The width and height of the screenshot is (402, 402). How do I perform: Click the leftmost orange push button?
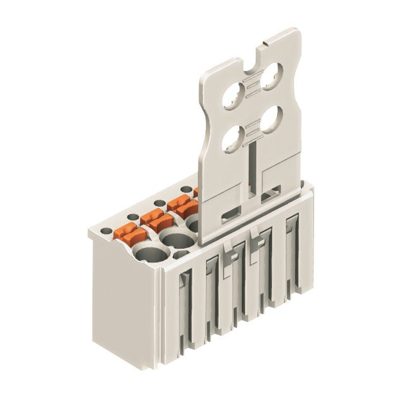point(129,235)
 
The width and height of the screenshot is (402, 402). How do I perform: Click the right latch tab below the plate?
point(258,239)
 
